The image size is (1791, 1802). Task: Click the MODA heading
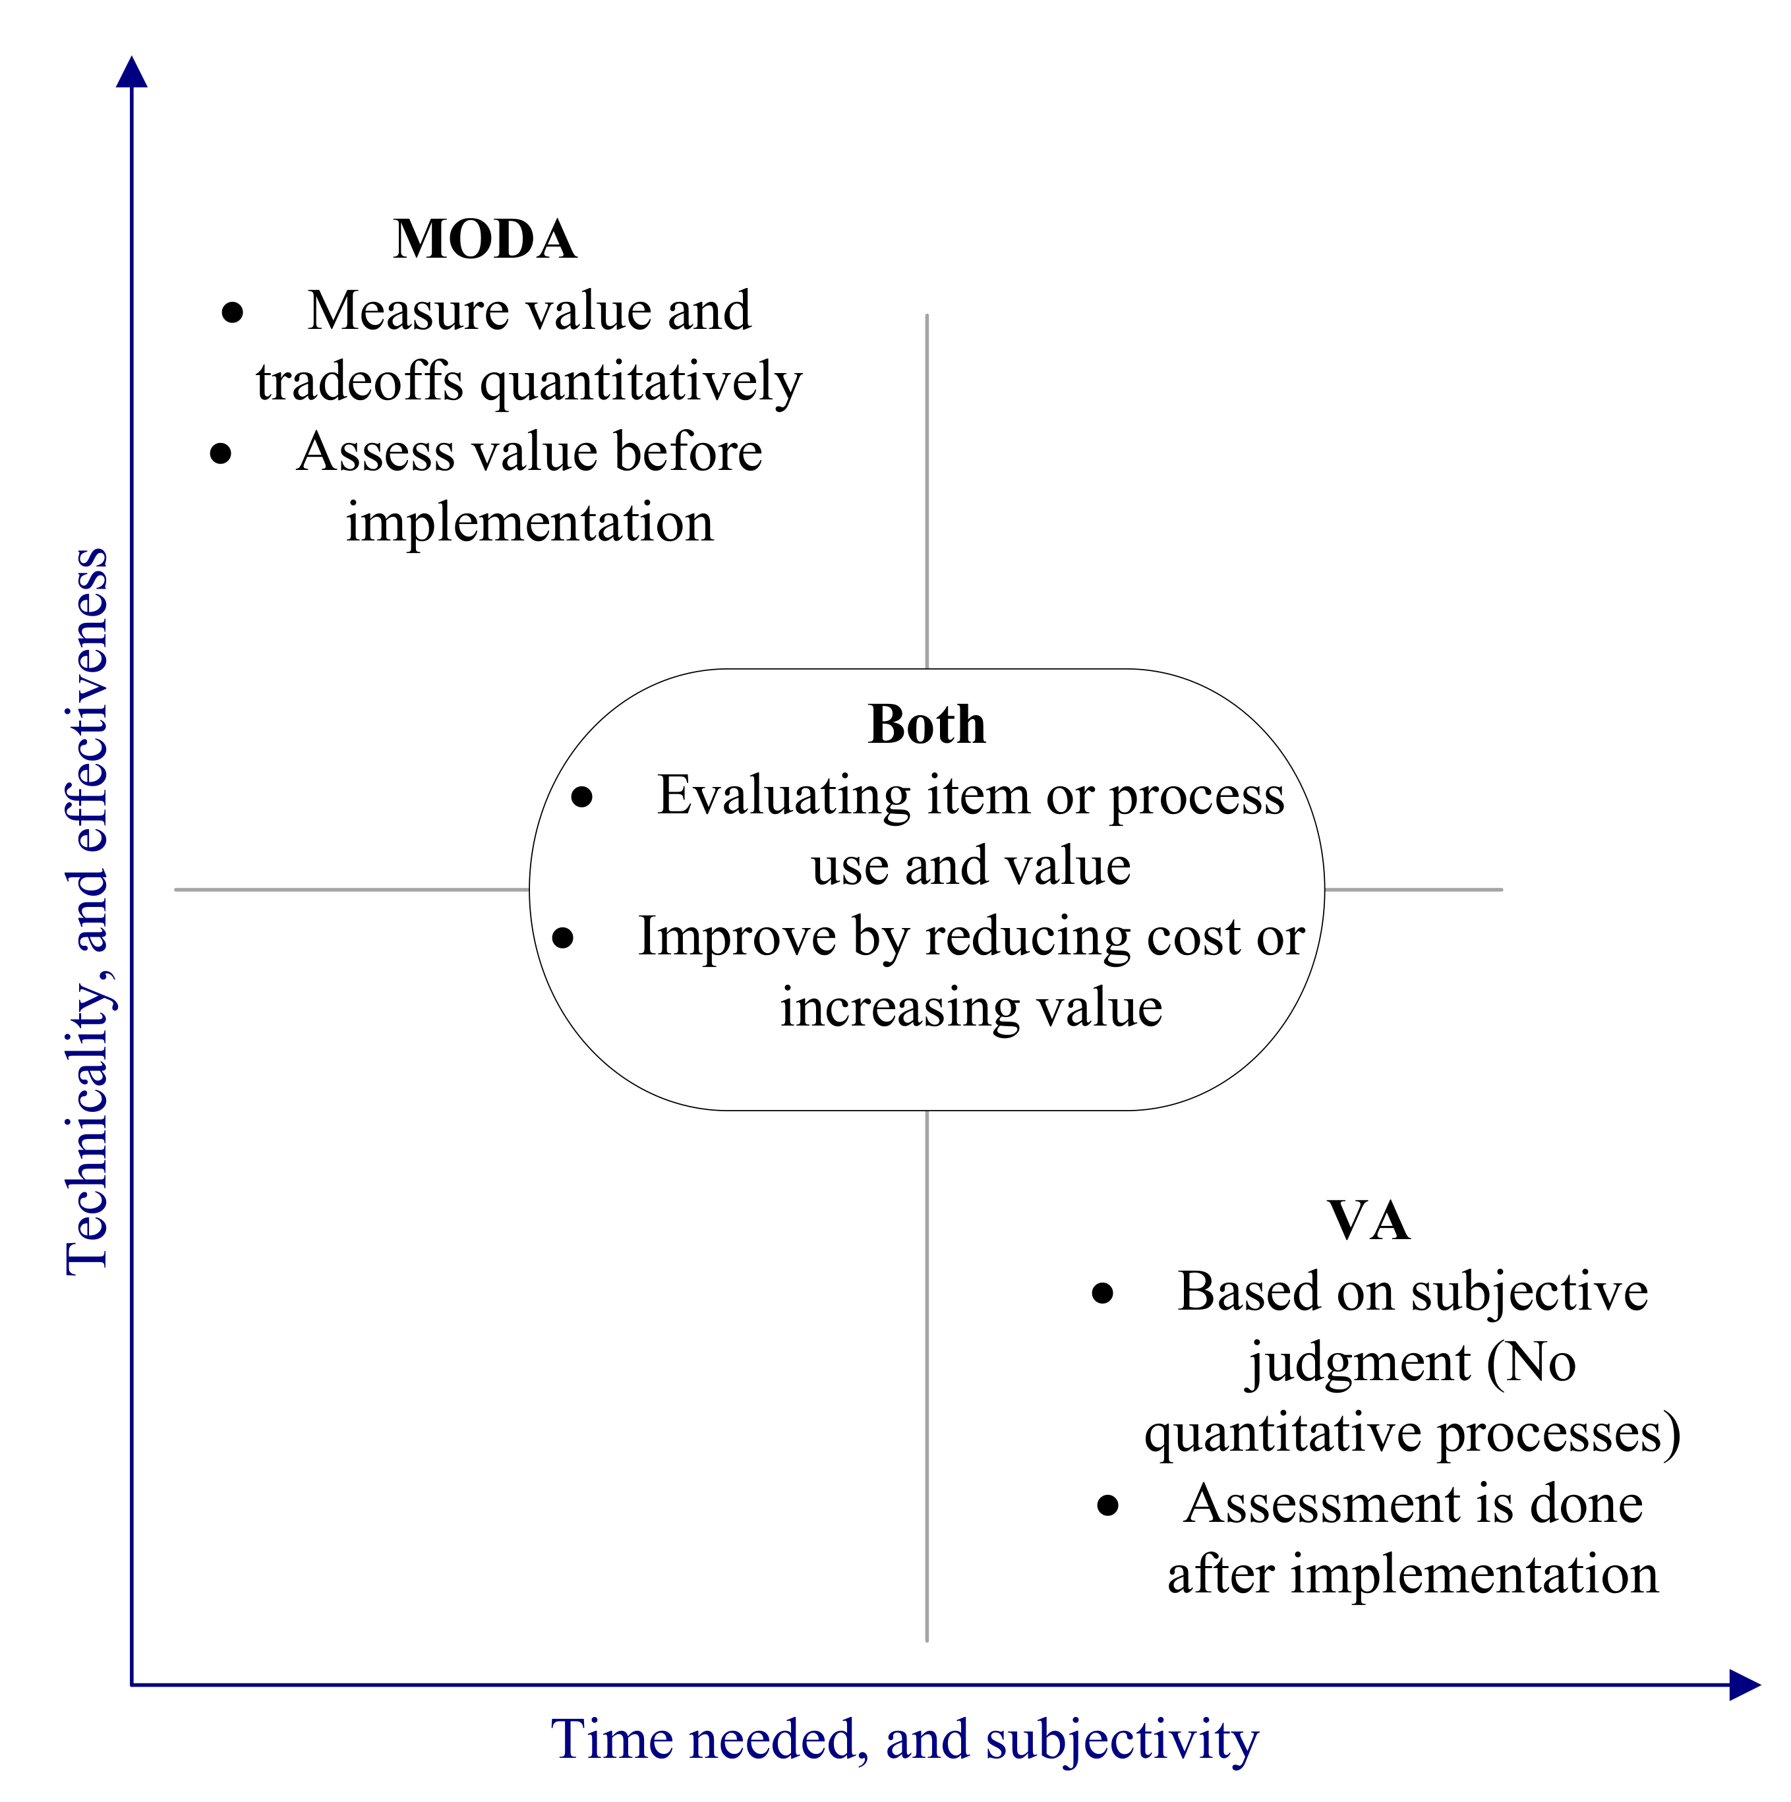tap(485, 240)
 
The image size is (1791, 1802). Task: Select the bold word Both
tap(926, 725)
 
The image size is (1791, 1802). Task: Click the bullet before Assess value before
tap(220, 453)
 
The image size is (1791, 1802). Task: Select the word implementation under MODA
tap(529, 522)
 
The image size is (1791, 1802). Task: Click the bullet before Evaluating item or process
tap(581, 797)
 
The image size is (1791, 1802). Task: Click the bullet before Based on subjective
tap(1103, 1293)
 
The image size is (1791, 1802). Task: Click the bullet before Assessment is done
tap(1107, 1505)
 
